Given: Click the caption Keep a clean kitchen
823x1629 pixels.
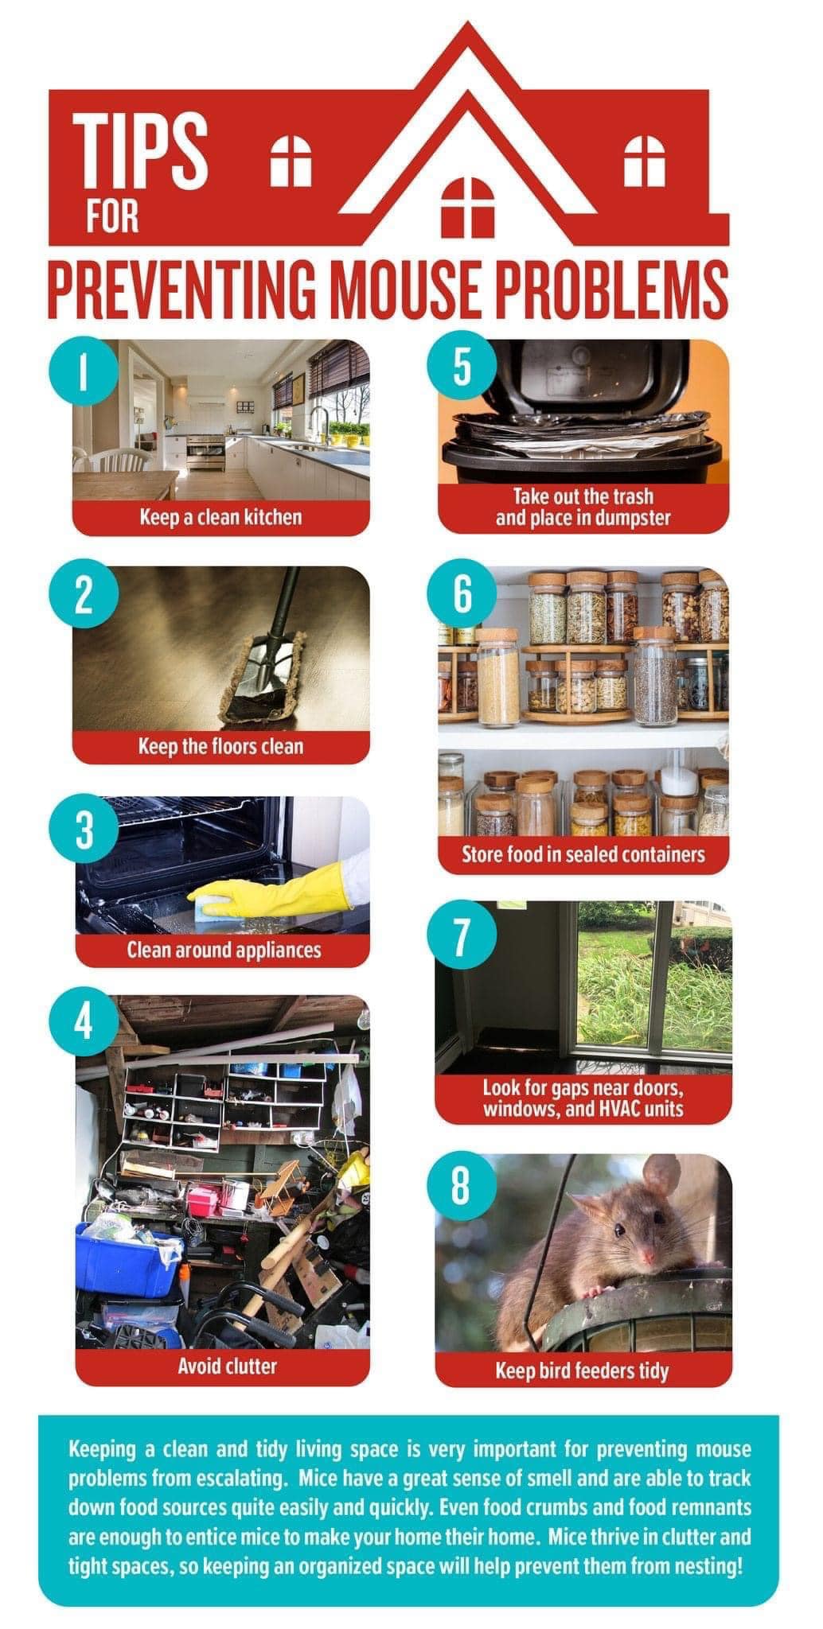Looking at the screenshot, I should point(220,517).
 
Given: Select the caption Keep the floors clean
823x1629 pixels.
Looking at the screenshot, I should point(220,746).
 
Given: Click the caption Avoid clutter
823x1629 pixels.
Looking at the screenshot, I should point(227,1367).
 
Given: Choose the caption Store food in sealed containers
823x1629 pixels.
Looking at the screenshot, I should point(583,854).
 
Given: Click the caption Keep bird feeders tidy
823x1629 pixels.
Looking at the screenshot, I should point(582,1370).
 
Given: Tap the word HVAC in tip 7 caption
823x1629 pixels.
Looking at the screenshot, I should point(617,1108).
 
